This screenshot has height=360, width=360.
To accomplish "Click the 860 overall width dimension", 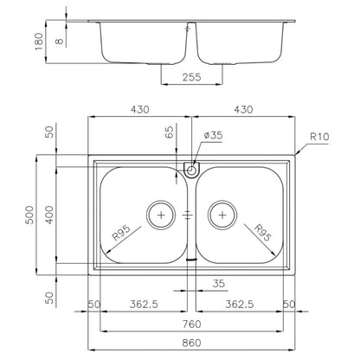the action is [191, 343].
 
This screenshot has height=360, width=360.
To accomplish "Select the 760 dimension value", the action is [191, 325].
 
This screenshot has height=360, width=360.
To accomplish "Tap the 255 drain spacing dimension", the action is [191, 77].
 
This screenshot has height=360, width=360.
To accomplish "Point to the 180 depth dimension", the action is [39, 42].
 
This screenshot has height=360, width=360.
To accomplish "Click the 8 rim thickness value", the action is [59, 41].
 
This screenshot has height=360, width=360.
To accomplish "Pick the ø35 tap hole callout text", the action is [213, 135].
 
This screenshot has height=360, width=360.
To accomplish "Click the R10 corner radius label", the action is [319, 137].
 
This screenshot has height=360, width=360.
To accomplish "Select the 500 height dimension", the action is [29, 215].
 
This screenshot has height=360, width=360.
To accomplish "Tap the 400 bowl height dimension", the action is [49, 215].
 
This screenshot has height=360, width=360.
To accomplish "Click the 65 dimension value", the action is [170, 132].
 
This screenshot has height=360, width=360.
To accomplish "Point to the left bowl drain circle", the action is [161, 215].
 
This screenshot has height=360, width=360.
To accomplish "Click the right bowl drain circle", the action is [222, 215].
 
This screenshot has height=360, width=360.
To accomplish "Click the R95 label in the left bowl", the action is [121, 233].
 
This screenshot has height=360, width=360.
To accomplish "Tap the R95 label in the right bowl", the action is [262, 233].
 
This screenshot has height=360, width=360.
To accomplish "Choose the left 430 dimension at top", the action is [140, 110].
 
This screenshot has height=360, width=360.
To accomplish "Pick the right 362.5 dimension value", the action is [240, 304].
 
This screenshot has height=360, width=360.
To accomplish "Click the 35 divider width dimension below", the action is [218, 284].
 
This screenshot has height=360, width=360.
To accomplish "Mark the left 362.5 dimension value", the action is [144, 304].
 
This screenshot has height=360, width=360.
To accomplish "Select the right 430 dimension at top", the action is [243, 110].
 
